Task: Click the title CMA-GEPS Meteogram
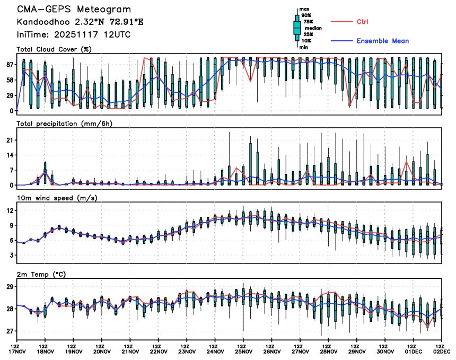tap(74, 10)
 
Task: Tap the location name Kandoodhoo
tap(42, 22)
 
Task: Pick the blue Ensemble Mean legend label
tap(382, 41)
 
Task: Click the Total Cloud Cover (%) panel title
tap(54, 49)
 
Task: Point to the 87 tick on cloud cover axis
tap(10, 65)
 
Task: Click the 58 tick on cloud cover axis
tap(10, 80)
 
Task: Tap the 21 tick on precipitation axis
tap(10, 140)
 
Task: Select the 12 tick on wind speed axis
tap(10, 210)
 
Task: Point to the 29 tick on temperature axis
tap(10, 286)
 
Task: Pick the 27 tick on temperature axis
tap(10, 331)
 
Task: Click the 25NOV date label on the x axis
tap(243, 351)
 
